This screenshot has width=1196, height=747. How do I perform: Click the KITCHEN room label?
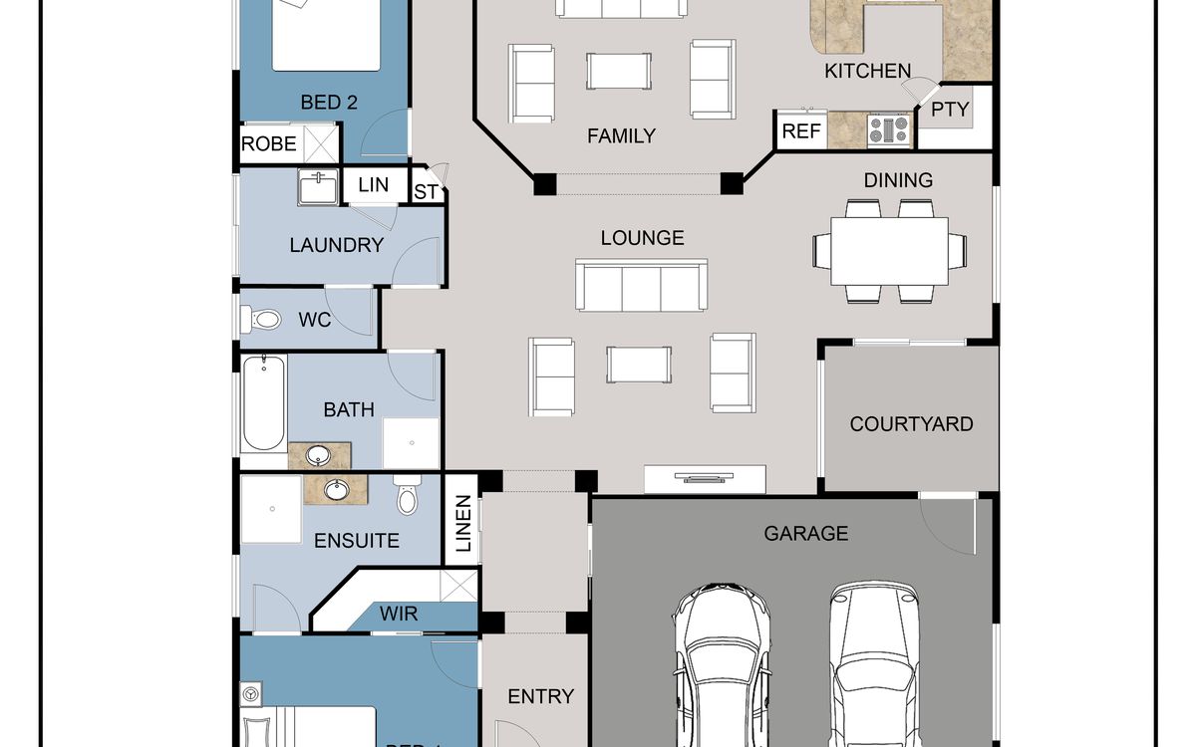868,71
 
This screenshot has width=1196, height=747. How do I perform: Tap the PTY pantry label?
950,110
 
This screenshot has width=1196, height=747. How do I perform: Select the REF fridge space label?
801,131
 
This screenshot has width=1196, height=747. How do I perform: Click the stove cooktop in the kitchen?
889,129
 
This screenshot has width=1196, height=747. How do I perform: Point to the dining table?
889,251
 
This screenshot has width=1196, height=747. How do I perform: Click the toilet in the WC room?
261,319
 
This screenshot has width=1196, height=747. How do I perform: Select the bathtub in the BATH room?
264,404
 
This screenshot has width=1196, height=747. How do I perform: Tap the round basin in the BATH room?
319,456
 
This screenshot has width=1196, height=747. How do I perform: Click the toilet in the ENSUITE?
407,495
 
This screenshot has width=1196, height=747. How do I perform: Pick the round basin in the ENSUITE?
336,490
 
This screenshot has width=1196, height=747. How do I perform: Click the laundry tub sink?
318,187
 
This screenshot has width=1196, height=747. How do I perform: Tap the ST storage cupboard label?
426,192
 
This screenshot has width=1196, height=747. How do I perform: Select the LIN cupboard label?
373,185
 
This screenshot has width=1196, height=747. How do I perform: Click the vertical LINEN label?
462,523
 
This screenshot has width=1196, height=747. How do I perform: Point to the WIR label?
399,614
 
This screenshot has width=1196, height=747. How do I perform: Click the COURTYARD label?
911,424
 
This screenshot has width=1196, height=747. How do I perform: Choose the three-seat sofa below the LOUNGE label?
642,285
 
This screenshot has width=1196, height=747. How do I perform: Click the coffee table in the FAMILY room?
619,71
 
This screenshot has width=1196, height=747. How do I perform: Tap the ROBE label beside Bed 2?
268,144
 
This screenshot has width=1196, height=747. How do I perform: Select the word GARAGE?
806,534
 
